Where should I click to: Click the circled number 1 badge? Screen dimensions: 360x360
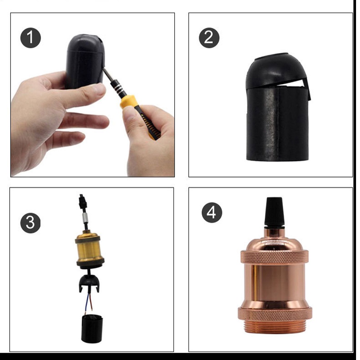point(31,38)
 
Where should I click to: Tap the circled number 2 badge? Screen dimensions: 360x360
point(209,38)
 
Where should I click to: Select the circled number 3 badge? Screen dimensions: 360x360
point(31,223)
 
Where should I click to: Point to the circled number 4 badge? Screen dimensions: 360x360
point(212,213)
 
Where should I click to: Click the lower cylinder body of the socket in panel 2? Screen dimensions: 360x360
point(278,124)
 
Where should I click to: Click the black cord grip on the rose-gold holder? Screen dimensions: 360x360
point(274,212)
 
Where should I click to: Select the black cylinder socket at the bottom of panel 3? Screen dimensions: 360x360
point(92,329)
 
